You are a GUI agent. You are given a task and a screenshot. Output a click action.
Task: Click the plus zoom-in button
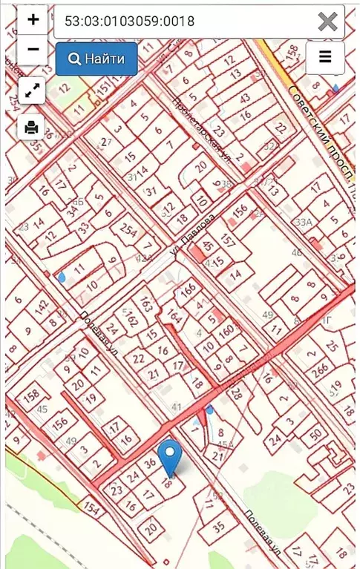point(33,20)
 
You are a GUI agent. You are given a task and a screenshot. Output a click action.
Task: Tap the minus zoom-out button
point(33,50)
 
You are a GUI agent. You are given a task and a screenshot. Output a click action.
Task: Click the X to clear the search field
point(327,22)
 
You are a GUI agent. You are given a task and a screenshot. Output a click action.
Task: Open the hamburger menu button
point(325,57)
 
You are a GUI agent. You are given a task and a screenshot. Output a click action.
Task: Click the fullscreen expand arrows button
point(31,91)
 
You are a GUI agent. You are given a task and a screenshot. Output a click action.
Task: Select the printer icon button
point(31,127)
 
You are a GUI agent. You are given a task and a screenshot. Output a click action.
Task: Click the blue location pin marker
point(170,457)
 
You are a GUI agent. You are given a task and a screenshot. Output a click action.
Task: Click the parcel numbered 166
point(189,289)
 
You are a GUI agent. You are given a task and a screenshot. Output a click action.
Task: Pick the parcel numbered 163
point(146,305)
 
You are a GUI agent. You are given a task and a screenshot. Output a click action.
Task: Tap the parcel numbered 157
point(228,242)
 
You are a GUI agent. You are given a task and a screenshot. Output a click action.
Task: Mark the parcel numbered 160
point(226,329)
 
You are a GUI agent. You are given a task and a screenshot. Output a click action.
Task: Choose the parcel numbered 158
point(31,395)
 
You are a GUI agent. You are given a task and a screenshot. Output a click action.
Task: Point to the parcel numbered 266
point(320,369)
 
